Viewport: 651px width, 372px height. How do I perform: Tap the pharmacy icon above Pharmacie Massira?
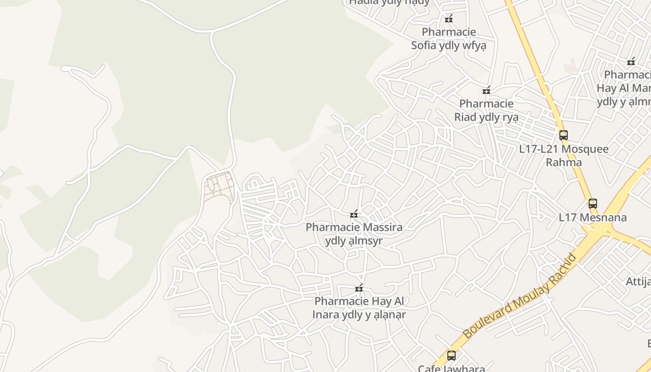point(354,214)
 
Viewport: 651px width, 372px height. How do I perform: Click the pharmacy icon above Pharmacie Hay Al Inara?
point(359,288)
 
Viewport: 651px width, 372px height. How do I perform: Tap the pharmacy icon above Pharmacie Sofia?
point(449,19)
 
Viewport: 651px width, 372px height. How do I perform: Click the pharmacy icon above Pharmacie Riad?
point(486,90)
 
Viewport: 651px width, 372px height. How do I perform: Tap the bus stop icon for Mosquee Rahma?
point(564,135)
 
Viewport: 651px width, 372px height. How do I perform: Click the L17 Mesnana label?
point(592,217)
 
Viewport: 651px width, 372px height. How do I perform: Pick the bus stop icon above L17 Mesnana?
point(592,203)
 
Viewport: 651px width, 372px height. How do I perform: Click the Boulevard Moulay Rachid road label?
point(520,296)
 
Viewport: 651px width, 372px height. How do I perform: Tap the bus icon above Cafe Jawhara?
point(451,356)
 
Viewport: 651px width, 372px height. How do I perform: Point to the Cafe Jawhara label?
point(451,368)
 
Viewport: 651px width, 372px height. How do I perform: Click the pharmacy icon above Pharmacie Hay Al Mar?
point(631,61)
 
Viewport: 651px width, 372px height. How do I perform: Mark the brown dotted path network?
point(219,188)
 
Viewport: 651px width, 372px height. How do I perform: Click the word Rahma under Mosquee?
point(564,162)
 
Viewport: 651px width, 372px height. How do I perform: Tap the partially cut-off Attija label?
point(638,281)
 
